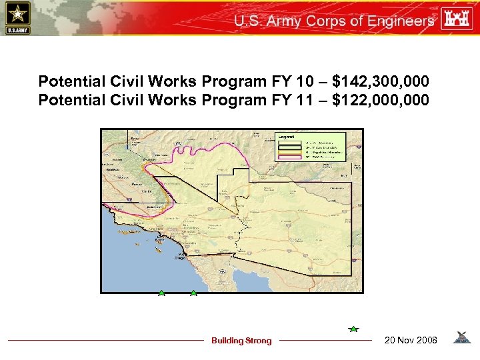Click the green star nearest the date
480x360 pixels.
(x=353, y=329)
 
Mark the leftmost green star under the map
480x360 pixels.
(x=161, y=293)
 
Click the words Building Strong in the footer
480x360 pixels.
(x=241, y=341)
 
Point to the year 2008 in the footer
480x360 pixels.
(x=425, y=341)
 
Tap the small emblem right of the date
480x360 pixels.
(x=461, y=338)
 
